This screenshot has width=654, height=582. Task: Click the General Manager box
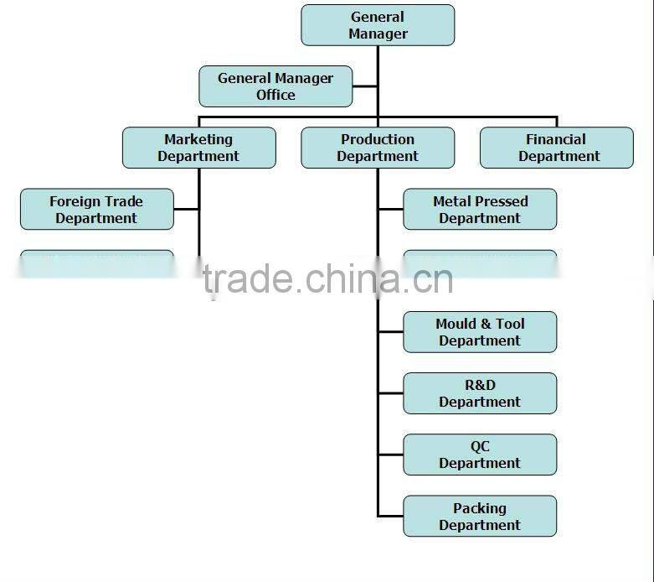378,25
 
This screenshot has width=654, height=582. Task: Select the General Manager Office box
276,86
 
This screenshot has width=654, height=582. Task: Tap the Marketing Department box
198,148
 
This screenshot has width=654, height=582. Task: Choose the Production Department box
378,148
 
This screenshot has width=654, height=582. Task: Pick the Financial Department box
557,148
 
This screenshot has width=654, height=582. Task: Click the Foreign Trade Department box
97,210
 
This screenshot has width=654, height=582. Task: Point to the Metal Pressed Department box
480,210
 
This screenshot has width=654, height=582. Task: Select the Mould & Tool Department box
480,332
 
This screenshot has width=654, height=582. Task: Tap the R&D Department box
480,393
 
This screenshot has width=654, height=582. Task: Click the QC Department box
480,455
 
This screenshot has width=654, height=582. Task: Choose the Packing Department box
480,516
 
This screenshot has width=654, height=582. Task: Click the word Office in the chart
276,95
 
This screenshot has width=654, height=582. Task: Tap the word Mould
456,324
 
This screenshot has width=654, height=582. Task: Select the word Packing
480,508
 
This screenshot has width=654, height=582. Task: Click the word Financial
556,139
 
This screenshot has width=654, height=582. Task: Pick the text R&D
480,385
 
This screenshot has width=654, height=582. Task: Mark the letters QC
480,447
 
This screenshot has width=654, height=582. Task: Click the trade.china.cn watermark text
327,279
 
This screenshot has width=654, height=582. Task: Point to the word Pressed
501,201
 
